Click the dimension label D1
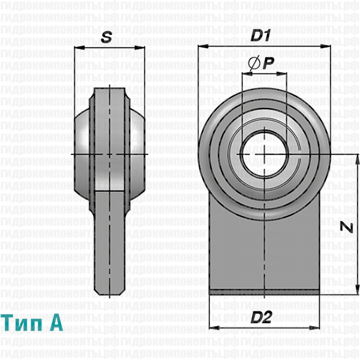click(x=260, y=36)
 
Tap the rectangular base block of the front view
click(x=264, y=246)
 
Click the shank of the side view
click(x=110, y=240)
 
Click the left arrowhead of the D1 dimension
click(x=200, y=46)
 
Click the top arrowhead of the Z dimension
click(x=356, y=158)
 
